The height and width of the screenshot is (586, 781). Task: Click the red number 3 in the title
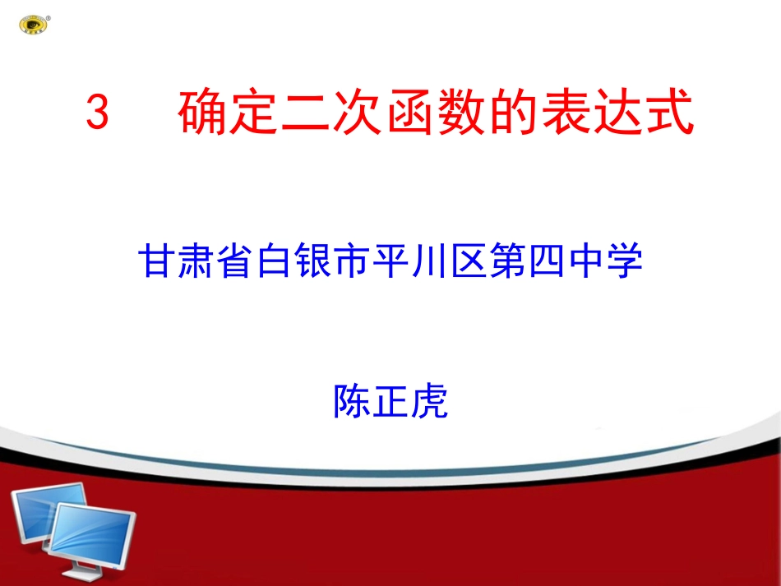point(98,113)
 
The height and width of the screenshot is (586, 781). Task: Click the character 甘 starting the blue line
point(157,261)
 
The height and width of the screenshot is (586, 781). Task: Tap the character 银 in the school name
point(310,261)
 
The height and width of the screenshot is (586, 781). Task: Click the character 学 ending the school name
point(622,261)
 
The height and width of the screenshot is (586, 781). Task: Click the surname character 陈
point(352,401)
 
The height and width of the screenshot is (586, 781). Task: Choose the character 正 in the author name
point(390,401)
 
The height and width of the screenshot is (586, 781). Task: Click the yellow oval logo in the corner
point(33,25)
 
